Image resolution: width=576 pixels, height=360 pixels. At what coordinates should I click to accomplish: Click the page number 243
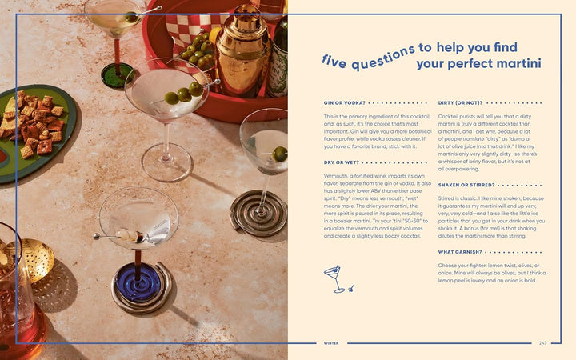click(544, 343)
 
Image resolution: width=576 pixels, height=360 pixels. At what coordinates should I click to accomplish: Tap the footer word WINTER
click(331, 343)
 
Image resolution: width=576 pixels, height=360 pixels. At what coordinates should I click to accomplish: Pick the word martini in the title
click(517, 62)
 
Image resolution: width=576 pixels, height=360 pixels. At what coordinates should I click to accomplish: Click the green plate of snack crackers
click(36, 128)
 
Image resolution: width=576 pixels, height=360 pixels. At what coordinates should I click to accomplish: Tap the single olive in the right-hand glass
click(279, 153)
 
